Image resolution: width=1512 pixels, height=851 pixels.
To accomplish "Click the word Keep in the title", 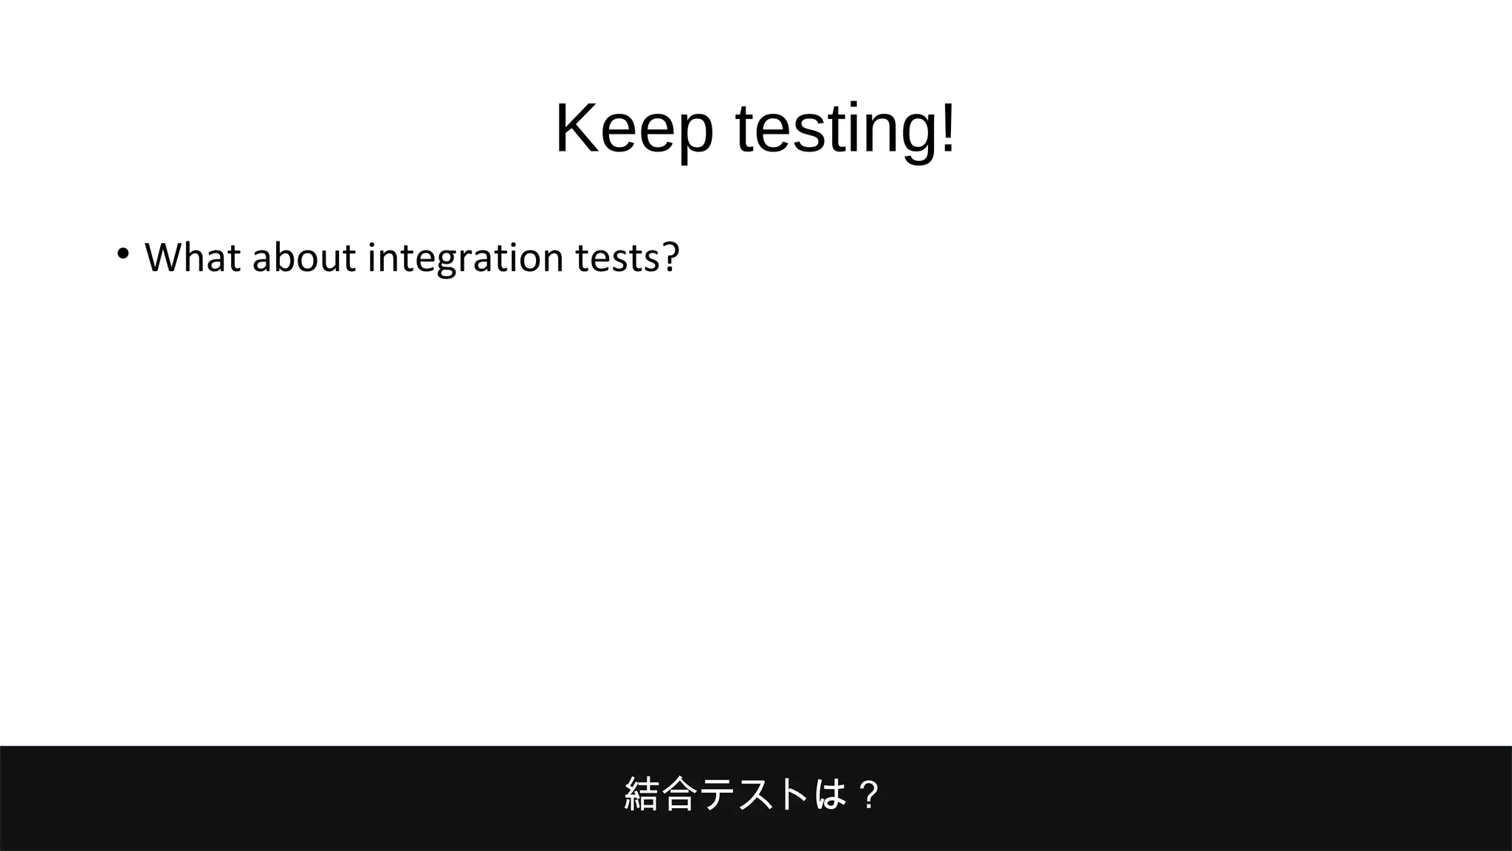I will (634, 129).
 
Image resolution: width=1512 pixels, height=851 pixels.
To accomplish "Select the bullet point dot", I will (123, 254).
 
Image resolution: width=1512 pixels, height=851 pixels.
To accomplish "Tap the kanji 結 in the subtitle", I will (641, 794).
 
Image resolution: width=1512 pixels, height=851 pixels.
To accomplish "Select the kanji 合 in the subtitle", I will (678, 794).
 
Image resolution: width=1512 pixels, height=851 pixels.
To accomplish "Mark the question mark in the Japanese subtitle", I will (870, 795).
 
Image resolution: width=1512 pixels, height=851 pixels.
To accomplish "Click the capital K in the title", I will (577, 129).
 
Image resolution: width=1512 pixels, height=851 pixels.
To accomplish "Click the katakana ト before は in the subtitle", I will (793, 794).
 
